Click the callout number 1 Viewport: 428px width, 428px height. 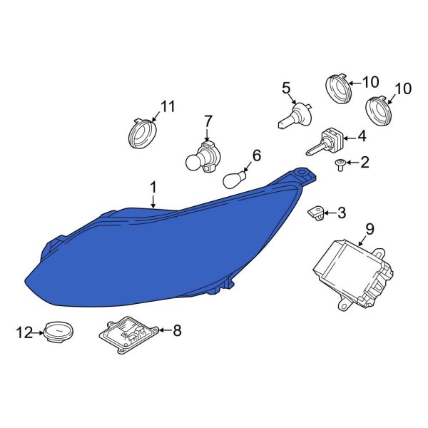pyautogui.click(x=153, y=187)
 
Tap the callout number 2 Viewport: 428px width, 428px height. pyautogui.click(x=365, y=163)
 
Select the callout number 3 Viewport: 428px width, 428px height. pyautogui.click(x=342, y=212)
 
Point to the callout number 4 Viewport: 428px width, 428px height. pyautogui.click(x=362, y=136)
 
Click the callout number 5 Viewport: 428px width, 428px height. pyautogui.click(x=286, y=88)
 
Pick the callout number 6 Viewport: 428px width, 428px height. pyautogui.click(x=257, y=155)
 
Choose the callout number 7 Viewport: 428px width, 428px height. pyautogui.click(x=208, y=121)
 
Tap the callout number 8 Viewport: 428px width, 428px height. pyautogui.click(x=177, y=330)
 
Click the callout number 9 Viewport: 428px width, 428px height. pyautogui.click(x=369, y=229)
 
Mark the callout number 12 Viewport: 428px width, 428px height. pyautogui.click(x=24, y=332)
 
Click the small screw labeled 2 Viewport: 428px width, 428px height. pyautogui.click(x=341, y=165)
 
